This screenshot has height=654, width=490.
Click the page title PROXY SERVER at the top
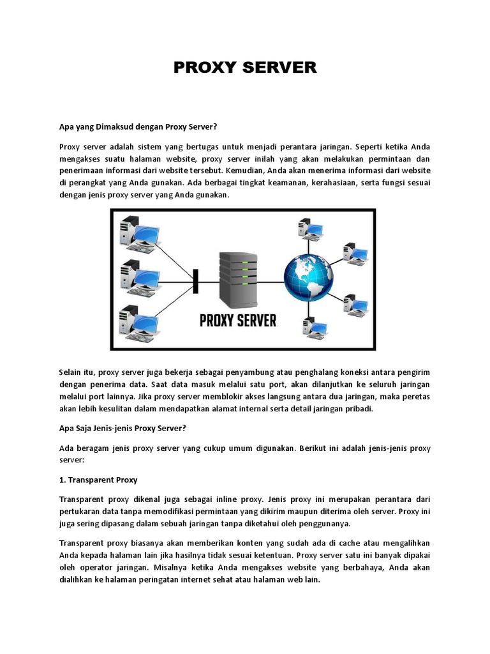tap(245, 68)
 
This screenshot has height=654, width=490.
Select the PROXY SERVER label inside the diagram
tap(238, 321)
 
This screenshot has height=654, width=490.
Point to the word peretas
tap(415, 397)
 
